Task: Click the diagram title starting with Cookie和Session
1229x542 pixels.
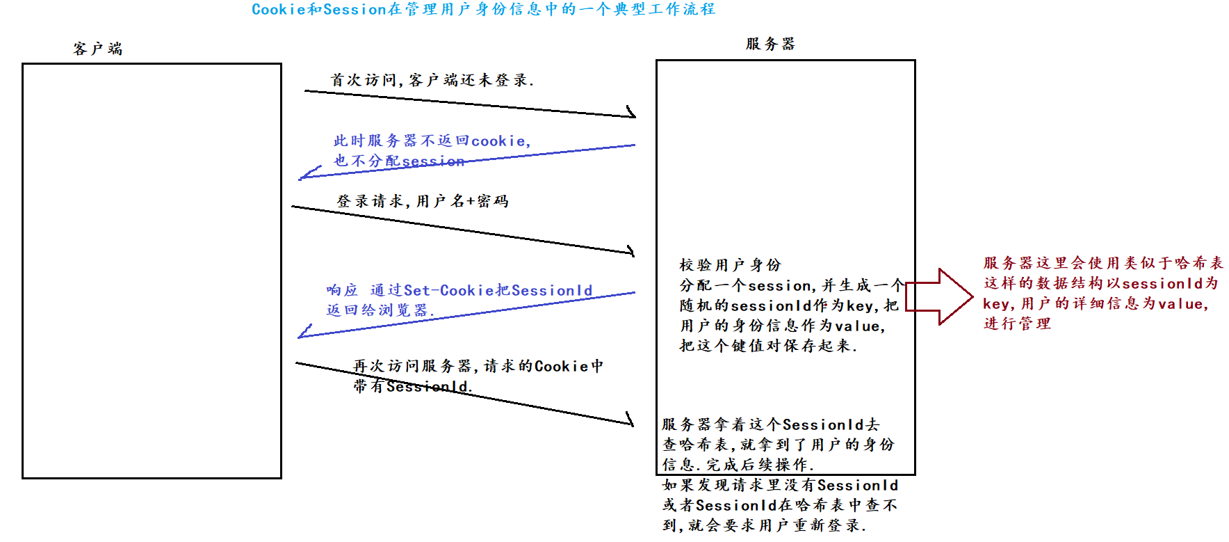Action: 483,10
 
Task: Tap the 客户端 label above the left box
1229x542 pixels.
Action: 98,49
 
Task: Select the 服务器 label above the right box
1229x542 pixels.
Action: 770,44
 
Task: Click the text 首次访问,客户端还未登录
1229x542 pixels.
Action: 432,81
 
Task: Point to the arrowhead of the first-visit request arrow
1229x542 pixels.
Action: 632,113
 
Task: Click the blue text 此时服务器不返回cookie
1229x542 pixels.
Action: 432,141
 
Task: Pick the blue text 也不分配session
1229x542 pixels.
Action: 398,161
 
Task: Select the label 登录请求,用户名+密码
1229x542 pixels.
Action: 423,202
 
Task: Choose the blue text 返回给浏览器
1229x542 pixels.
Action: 380,310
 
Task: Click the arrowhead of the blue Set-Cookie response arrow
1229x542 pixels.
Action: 302,333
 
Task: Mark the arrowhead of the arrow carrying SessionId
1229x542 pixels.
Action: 630,420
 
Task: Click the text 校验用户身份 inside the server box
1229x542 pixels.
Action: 730,265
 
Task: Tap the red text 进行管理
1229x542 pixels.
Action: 1017,324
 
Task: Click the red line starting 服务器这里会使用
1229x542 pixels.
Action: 1103,263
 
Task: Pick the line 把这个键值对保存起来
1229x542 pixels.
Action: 768,346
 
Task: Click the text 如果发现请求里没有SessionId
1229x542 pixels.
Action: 780,486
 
